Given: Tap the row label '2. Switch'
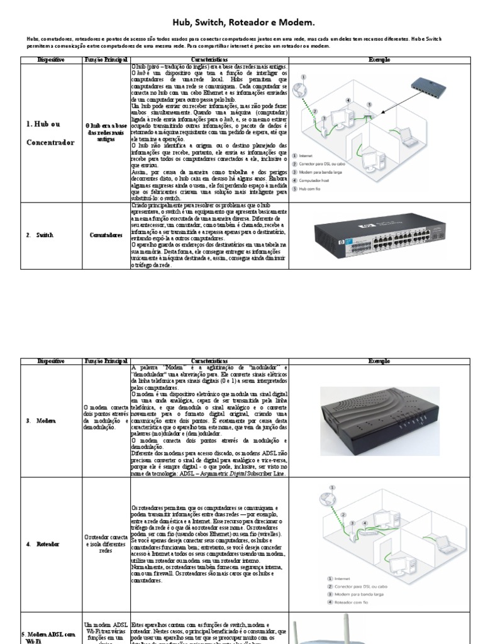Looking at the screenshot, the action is (40, 235).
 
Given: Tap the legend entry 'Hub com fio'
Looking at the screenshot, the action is (315, 189).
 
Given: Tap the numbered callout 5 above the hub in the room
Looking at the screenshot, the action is (369, 105).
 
